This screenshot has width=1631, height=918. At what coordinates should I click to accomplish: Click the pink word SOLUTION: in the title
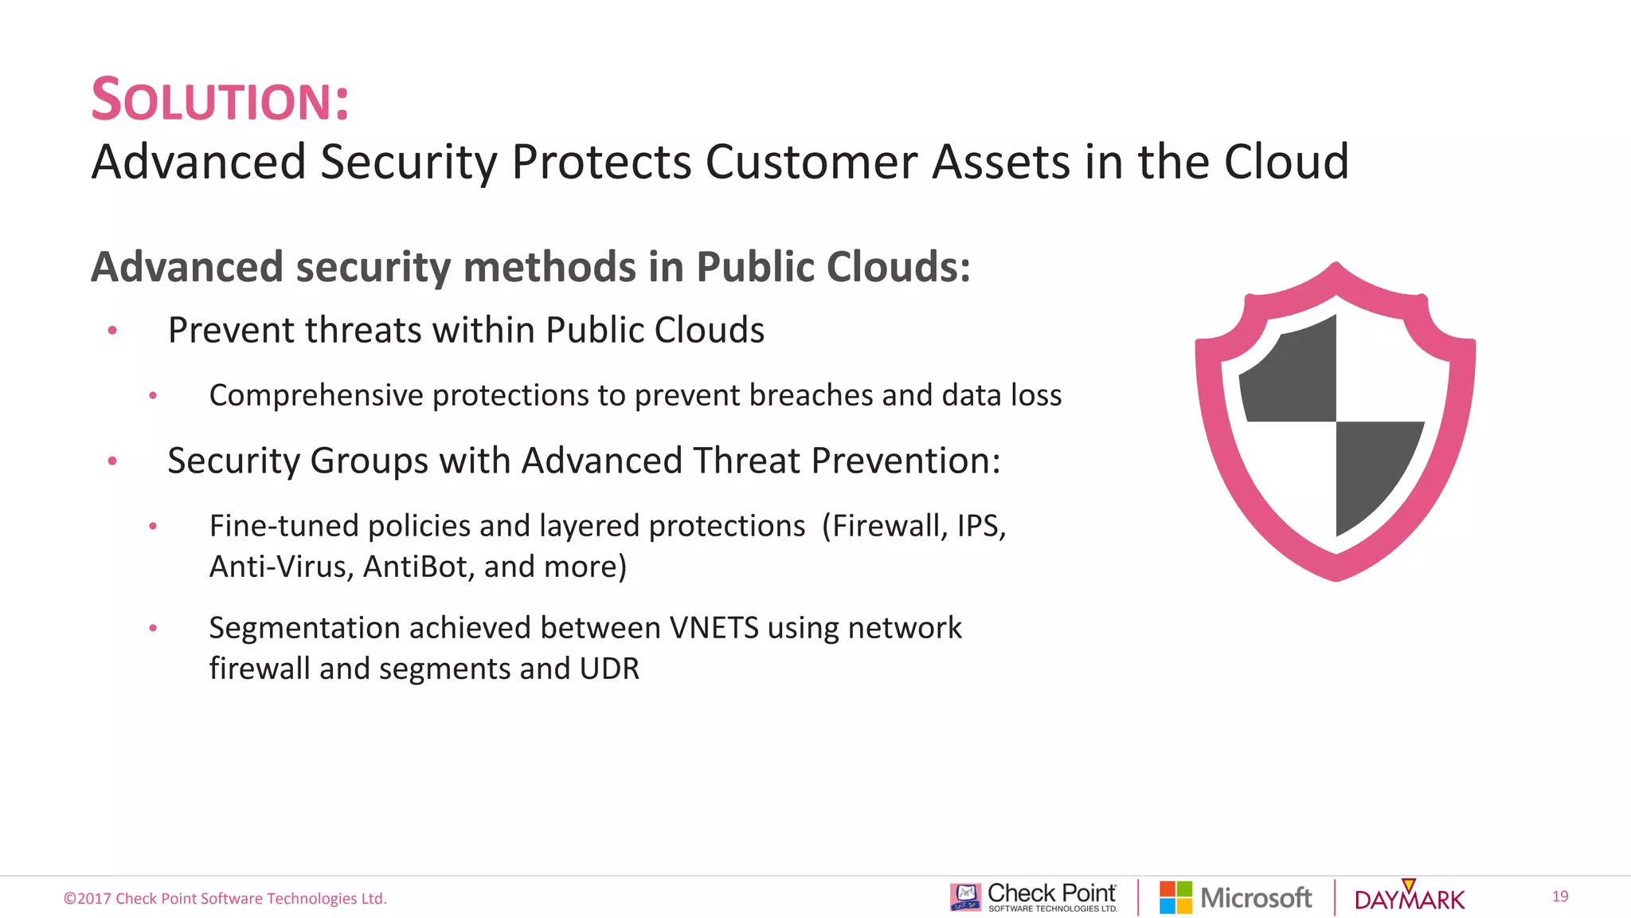[x=221, y=100]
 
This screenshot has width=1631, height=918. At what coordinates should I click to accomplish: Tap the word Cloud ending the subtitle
[x=1285, y=162]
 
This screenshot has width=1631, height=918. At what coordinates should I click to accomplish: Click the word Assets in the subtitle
[x=1000, y=162]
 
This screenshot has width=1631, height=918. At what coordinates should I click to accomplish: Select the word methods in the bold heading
[x=549, y=267]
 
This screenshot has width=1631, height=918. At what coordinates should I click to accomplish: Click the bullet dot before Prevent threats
[x=112, y=330]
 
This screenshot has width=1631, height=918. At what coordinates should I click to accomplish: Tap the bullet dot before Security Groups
[x=112, y=461]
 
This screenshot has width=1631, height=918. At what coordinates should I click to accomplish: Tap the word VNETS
[x=714, y=628]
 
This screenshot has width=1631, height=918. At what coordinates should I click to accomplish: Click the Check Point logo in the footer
[x=1034, y=897]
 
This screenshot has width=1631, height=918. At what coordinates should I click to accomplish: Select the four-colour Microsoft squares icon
[x=1175, y=897]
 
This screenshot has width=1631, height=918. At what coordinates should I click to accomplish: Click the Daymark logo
[x=1409, y=898]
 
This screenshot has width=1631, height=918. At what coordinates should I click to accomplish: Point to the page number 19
[x=1559, y=896]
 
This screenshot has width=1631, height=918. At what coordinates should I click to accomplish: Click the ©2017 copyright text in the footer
[x=225, y=899]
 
